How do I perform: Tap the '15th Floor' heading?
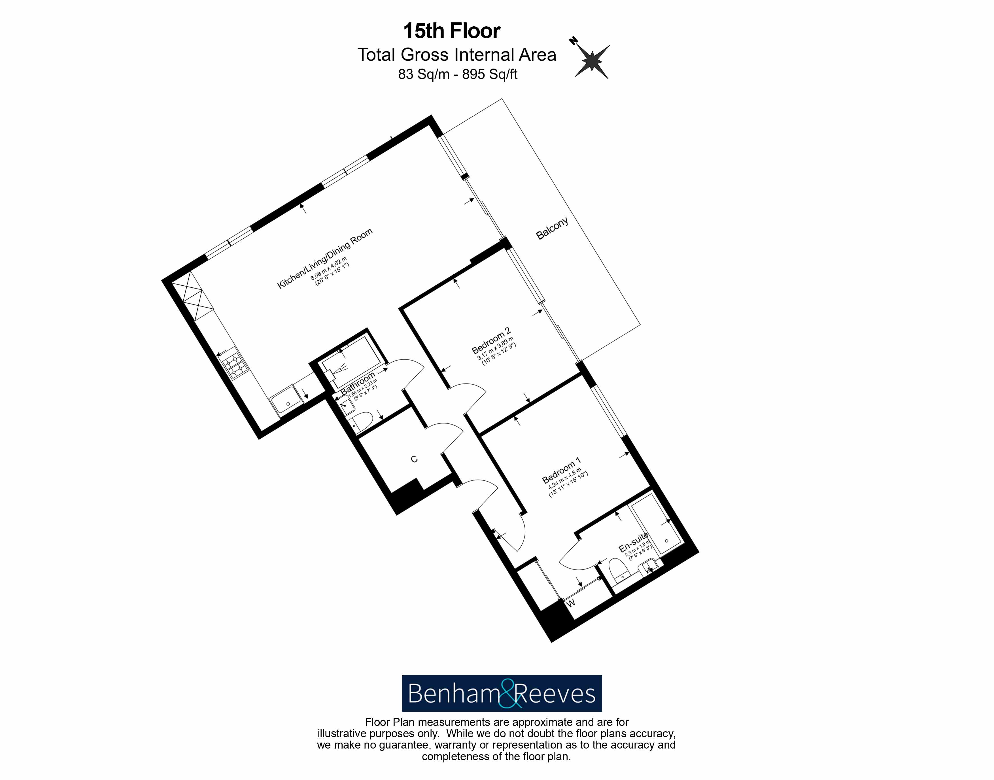tap(452, 31)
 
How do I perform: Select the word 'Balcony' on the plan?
tap(552, 228)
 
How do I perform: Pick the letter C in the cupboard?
tap(414, 459)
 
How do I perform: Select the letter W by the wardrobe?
tap(571, 603)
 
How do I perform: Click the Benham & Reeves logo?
tap(502, 693)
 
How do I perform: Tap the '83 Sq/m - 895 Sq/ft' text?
tap(458, 74)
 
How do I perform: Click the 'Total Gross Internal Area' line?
tap(456, 55)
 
